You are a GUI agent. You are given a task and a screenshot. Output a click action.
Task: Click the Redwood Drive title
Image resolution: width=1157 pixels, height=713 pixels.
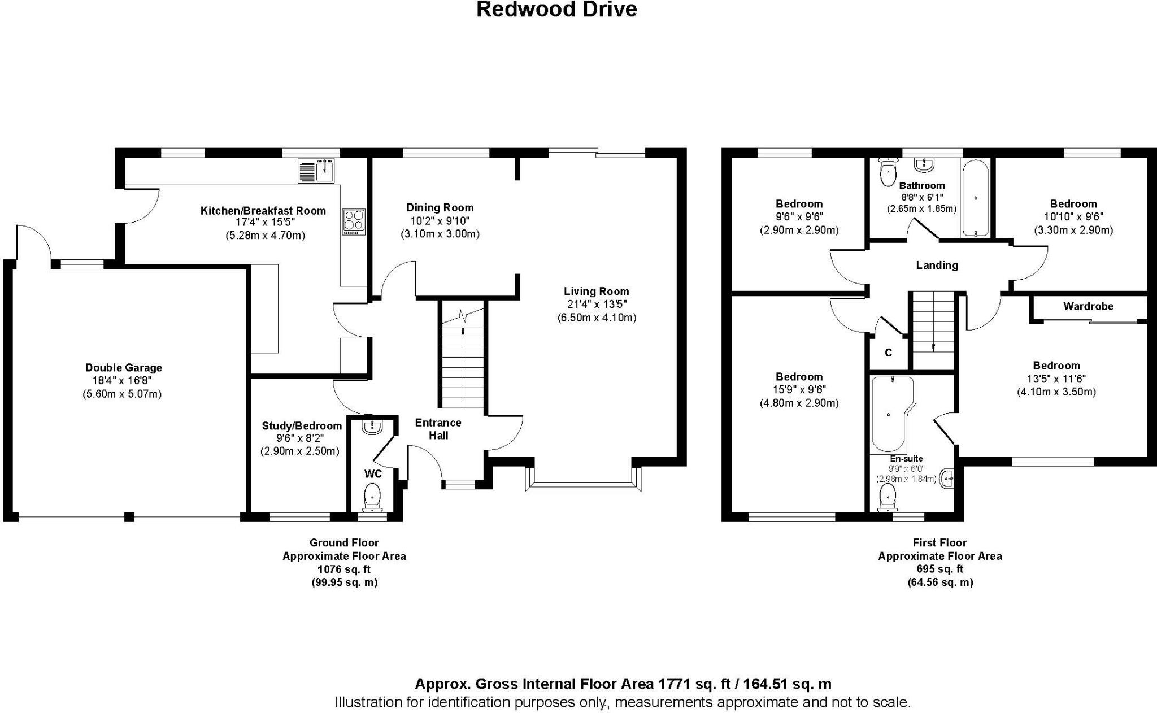pyautogui.click(x=556, y=10)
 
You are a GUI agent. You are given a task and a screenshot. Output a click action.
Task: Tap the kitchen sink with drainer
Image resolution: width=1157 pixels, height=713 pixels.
pyautogui.click(x=317, y=171)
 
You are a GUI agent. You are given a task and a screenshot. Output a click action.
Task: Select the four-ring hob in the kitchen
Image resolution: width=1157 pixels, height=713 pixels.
pyautogui.click(x=354, y=222)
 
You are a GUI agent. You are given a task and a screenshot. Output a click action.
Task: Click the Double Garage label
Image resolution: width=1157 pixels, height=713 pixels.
pyautogui.click(x=123, y=367)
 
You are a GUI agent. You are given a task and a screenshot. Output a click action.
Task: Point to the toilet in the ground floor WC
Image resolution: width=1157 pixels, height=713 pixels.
pyautogui.click(x=372, y=496)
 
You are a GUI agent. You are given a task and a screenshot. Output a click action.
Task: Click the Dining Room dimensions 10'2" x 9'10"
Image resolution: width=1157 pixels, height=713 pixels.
pyautogui.click(x=440, y=221)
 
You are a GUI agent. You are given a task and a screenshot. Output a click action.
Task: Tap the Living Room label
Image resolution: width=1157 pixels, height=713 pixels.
pyautogui.click(x=596, y=292)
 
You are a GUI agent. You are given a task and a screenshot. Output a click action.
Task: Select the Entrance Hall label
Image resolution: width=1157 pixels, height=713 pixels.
pyautogui.click(x=438, y=429)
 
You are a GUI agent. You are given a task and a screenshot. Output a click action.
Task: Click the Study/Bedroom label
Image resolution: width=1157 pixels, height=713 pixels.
pyautogui.click(x=302, y=426)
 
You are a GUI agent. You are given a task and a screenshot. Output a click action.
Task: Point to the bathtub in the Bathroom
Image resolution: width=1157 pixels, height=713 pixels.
pyautogui.click(x=976, y=198)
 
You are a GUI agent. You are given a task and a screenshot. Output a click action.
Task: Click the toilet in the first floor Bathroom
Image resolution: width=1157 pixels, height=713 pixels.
pyautogui.click(x=888, y=171)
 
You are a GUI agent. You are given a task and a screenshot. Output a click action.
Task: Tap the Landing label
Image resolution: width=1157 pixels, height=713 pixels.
pyautogui.click(x=937, y=265)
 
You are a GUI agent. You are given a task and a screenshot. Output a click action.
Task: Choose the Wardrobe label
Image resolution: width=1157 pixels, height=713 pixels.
pyautogui.click(x=1088, y=306)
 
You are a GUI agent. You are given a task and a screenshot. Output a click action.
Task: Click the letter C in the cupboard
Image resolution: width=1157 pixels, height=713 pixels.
pyautogui.click(x=888, y=353)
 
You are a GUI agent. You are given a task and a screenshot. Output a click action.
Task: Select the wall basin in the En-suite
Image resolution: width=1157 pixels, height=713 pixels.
pyautogui.click(x=947, y=479)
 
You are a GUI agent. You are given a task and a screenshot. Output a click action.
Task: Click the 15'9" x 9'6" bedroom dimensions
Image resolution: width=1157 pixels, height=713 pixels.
pyautogui.click(x=799, y=390)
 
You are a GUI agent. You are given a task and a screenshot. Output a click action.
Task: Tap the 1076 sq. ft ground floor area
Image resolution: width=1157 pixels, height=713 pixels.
pyautogui.click(x=344, y=569)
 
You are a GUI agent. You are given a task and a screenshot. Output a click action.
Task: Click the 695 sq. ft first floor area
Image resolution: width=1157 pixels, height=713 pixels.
pyautogui.click(x=940, y=569)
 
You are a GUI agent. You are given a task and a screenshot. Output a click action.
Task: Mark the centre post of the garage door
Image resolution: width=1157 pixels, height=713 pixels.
pyautogui.click(x=129, y=516)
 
